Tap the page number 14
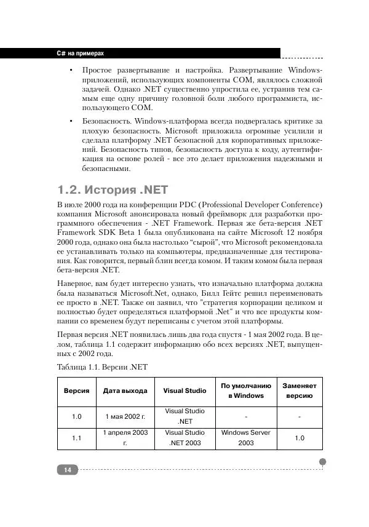(67, 470)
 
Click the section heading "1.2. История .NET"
(113, 189)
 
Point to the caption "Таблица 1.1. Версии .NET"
(102, 367)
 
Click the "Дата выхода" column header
(125, 390)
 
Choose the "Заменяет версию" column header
(299, 390)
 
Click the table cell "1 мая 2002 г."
(125, 417)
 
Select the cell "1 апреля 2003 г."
(125, 437)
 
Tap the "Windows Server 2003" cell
(246, 437)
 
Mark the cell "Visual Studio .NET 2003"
(185, 437)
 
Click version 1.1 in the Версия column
(76, 438)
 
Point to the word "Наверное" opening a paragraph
(75, 281)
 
